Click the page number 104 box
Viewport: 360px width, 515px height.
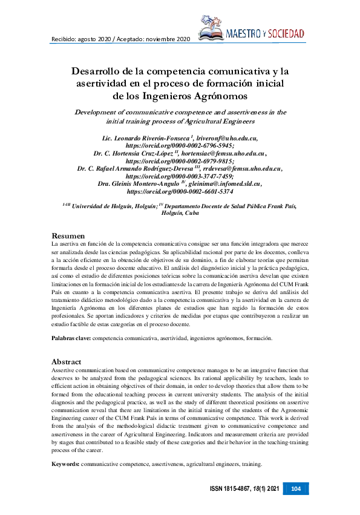[x=296, y=488]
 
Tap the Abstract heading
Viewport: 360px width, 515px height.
[x=67, y=361]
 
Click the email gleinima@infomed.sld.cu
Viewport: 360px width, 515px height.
[x=224, y=183]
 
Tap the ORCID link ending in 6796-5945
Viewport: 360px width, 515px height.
[x=179, y=145]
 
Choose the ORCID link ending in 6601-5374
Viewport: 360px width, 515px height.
[x=179, y=191]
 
